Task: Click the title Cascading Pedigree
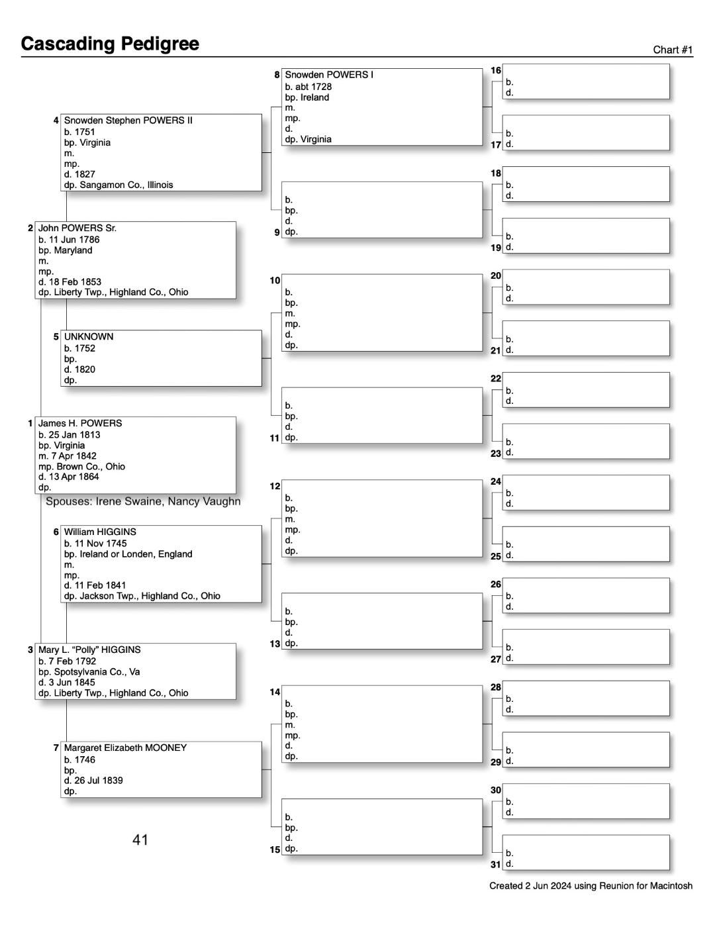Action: pyautogui.click(x=110, y=44)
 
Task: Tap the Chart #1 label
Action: pyautogui.click(x=673, y=50)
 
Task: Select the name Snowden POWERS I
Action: pyautogui.click(x=329, y=75)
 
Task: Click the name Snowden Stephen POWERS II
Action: pyautogui.click(x=128, y=121)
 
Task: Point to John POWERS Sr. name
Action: pyautogui.click(x=77, y=228)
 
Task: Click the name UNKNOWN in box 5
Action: pyautogui.click(x=89, y=336)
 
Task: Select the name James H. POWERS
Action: pyautogui.click(x=80, y=423)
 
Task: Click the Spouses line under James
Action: pyautogui.click(x=143, y=501)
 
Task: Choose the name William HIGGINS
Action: pyautogui.click(x=100, y=532)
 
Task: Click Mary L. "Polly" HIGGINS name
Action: pyautogui.click(x=89, y=650)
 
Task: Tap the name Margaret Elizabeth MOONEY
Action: pyautogui.click(x=125, y=748)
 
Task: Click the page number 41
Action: pyautogui.click(x=140, y=840)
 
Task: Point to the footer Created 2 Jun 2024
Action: pyautogui.click(x=591, y=885)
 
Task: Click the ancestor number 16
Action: pyautogui.click(x=496, y=70)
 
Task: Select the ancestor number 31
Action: pyautogui.click(x=496, y=864)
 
